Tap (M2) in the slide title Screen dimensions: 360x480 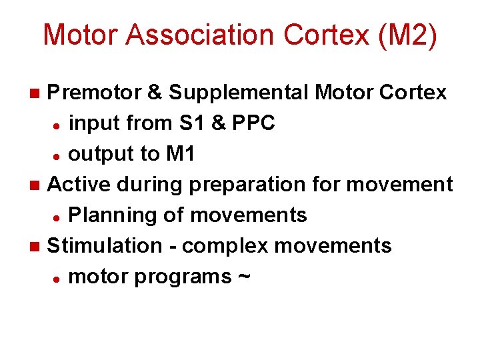pyautogui.click(x=407, y=35)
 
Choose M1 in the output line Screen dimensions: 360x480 pyautogui.click(x=180, y=153)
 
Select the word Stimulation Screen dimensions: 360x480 pyautogui.click(x=104, y=245)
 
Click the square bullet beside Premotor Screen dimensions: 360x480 pyautogui.click(x=37, y=92)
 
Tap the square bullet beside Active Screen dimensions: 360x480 pyautogui.click(x=37, y=185)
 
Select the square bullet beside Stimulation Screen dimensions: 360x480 pyautogui.click(x=37, y=246)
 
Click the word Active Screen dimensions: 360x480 pyautogui.click(x=77, y=184)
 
